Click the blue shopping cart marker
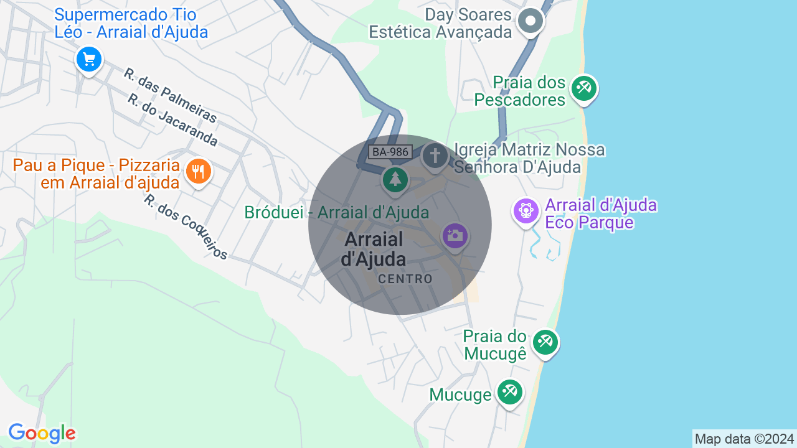[89, 60]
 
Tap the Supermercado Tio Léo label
[131, 23]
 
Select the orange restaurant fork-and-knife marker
[199, 171]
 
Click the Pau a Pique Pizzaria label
[97, 174]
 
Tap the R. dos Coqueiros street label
[186, 226]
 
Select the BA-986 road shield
[389, 151]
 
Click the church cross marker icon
[435, 155]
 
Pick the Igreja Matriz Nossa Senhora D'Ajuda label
[529, 158]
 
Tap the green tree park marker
[395, 179]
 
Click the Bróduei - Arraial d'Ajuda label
[336, 212]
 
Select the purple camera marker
[455, 235]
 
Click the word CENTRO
[405, 279]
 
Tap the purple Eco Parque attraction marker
[526, 210]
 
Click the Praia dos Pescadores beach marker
[583, 88]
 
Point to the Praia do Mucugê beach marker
[545, 342]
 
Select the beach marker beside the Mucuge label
[510, 392]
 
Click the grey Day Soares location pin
[531, 21]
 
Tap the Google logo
[42, 433]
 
